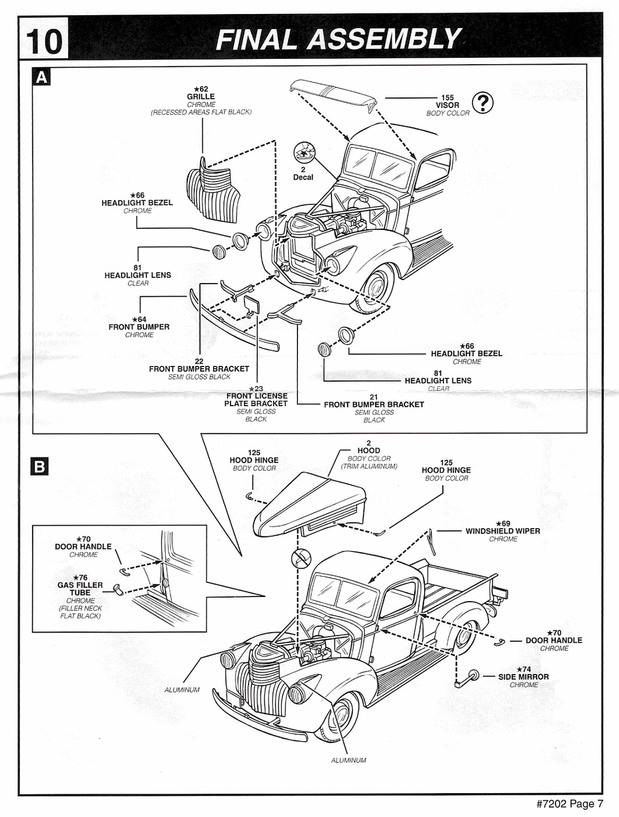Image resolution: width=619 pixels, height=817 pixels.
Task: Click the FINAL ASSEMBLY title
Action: (338, 40)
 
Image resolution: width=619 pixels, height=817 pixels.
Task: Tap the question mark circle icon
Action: (482, 103)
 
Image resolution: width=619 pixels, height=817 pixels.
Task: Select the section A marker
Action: (42, 77)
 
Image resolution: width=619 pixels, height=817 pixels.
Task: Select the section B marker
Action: (40, 466)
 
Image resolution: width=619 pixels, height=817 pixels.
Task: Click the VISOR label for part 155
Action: (447, 106)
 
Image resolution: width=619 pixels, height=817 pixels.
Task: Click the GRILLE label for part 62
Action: (201, 97)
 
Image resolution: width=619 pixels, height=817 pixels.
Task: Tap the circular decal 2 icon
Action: (303, 152)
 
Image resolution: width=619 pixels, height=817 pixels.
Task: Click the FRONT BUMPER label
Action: (139, 327)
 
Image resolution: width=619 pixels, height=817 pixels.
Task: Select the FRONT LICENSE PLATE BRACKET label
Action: (256, 400)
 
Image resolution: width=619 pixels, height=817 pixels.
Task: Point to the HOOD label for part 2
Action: (369, 451)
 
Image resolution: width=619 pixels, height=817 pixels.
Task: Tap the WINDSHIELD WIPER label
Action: (502, 531)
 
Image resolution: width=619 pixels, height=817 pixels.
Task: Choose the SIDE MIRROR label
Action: (523, 677)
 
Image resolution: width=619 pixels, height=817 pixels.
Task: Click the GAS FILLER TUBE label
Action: (80, 588)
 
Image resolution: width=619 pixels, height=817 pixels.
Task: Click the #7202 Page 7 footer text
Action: (569, 804)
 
